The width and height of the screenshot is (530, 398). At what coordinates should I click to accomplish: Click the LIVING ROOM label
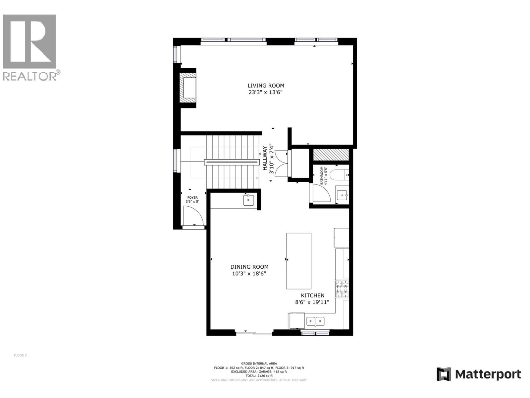pos(266,86)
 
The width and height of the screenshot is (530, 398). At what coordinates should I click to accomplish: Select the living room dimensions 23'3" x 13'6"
pos(266,93)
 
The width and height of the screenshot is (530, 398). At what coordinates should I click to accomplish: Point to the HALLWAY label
pos(265,159)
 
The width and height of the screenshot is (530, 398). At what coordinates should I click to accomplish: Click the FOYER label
pos(192,198)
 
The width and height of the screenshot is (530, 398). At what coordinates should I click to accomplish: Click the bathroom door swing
pos(321,193)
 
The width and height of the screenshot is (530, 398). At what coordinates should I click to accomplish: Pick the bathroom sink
pos(342,195)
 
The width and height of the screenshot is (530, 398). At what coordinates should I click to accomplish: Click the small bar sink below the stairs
pos(248,200)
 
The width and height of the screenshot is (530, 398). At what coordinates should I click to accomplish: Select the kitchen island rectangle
pos(299,261)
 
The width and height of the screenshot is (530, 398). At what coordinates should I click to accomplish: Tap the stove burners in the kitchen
pos(342,289)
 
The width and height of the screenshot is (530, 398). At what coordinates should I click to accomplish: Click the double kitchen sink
pos(315,321)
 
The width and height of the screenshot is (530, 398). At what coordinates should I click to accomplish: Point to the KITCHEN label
pos(312,296)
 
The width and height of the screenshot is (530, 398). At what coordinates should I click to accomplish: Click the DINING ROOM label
pos(249,267)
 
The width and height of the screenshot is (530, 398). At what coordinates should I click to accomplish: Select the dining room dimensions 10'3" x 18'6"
pos(249,274)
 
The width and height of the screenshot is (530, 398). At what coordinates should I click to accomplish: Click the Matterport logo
pos(479,374)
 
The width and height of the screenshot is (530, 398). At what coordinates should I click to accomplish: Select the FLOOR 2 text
pos(20,356)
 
